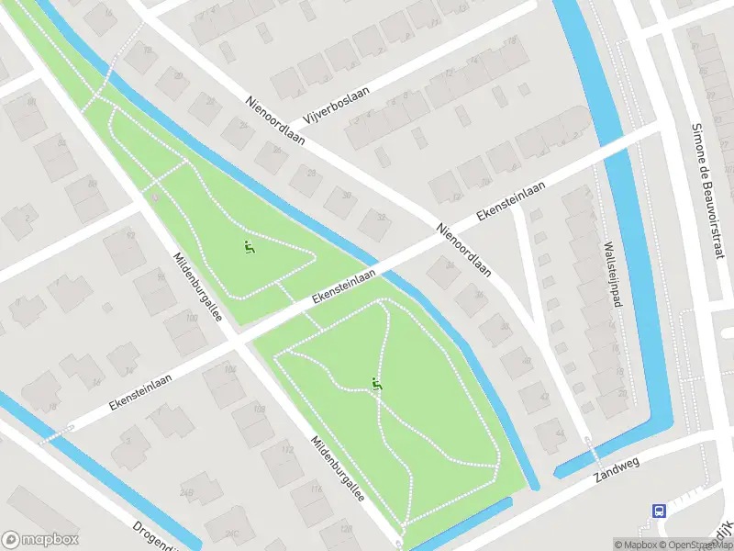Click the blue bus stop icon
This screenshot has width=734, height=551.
(659, 511)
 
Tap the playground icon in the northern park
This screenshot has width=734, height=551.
(247, 246)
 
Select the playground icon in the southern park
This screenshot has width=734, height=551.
(376, 384)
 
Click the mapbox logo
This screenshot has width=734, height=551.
(39, 539)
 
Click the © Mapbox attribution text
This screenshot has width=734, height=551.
(635, 545)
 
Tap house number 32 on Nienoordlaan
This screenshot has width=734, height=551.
(380, 217)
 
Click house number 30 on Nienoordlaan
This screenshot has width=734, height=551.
(346, 195)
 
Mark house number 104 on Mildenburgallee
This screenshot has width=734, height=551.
(230, 369)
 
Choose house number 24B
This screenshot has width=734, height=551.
(188, 493)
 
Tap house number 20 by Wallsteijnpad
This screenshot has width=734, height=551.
(623, 392)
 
